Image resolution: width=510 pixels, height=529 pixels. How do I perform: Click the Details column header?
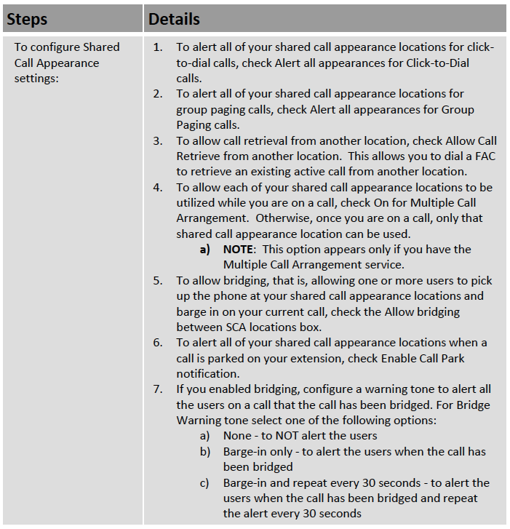(174, 19)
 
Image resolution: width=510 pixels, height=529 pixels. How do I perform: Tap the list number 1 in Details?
(158, 47)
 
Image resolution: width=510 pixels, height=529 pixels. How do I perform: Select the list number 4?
(158, 187)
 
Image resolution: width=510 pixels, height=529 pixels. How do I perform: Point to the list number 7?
(158, 389)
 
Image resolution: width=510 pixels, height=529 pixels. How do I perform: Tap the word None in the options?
(237, 436)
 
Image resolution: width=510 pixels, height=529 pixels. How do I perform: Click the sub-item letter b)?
(205, 452)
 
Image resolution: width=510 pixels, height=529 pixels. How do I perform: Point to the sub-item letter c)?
(205, 483)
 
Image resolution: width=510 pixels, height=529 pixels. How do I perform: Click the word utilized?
(199, 203)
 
